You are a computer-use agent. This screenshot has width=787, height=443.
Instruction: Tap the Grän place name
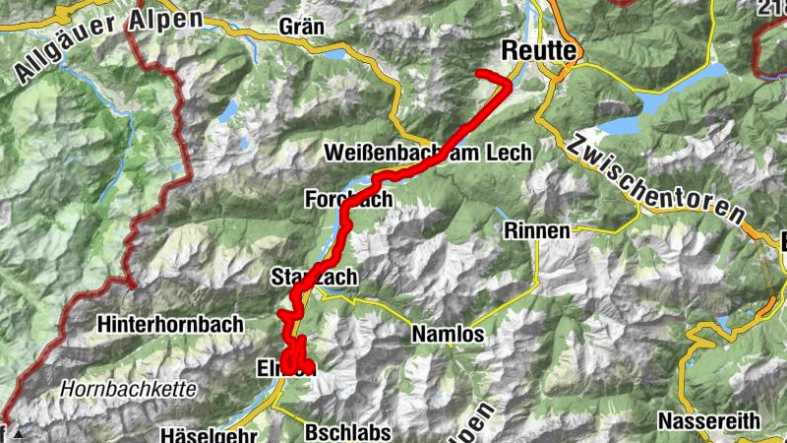tap(302, 28)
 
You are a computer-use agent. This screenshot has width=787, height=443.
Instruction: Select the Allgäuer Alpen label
tap(108, 43)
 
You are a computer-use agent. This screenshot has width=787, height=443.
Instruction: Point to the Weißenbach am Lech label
tap(428, 153)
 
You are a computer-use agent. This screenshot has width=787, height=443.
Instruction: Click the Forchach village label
tap(348, 199)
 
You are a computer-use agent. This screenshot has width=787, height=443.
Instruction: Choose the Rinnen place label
tap(536, 230)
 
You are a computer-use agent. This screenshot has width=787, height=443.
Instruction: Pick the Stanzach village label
tap(314, 279)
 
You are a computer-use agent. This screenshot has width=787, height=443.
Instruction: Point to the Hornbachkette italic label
tap(127, 389)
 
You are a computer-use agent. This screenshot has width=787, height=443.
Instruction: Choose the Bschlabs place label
tap(333, 431)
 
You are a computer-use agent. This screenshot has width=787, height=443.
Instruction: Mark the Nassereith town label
tap(708, 420)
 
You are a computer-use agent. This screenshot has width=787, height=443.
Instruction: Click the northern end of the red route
tap(479, 74)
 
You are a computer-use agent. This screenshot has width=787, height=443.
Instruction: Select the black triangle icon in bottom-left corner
tap(17, 432)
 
